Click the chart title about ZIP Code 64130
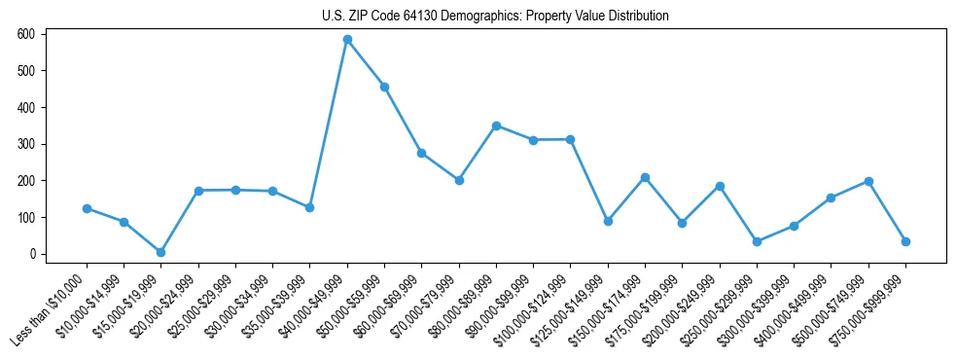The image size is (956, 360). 495,17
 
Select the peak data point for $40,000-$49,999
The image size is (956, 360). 347,40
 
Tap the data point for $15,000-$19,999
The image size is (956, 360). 161,252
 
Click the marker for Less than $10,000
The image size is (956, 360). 87,208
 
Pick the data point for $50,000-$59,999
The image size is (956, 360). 385,87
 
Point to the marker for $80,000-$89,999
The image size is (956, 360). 496,126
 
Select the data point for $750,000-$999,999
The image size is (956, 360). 905,241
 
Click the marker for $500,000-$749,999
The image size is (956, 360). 868,181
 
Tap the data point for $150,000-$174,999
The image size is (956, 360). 645,177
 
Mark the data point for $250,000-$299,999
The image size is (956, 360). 757,241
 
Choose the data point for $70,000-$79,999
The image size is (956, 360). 459,180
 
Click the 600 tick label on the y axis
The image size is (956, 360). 26,34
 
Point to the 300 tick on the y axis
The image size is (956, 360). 26,144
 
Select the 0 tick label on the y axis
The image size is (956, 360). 31,254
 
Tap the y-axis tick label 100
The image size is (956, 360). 26,217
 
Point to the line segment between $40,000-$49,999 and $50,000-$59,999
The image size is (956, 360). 366,63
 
